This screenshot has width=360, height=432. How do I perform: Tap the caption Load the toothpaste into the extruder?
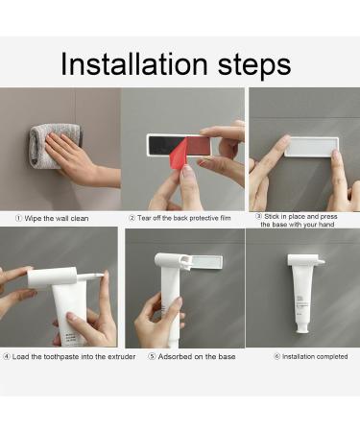click(x=65, y=356)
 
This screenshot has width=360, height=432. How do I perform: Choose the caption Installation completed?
click(x=306, y=356)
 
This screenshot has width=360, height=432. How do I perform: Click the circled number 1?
click(x=8, y=217)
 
